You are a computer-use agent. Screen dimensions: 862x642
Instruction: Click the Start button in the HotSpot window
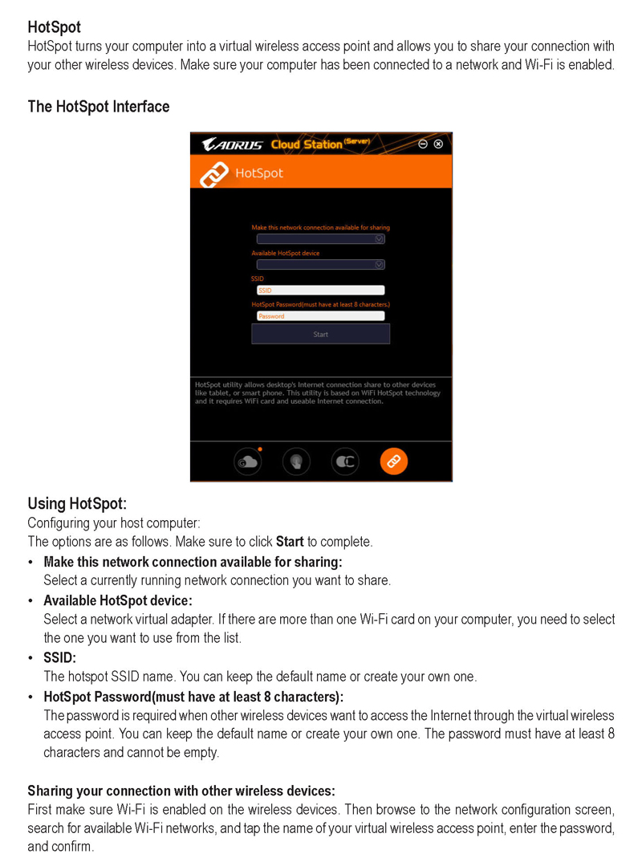click(320, 334)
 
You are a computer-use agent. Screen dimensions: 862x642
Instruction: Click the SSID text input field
click(320, 291)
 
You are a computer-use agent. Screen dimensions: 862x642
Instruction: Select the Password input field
click(320, 316)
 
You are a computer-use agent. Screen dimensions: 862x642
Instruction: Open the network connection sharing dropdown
click(380, 238)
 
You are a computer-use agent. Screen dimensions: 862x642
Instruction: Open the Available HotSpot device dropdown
click(380, 264)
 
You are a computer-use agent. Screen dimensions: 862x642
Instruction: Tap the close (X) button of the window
click(438, 144)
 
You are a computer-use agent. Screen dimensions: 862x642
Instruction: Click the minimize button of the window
click(423, 144)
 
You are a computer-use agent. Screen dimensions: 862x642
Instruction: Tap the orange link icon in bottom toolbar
click(393, 461)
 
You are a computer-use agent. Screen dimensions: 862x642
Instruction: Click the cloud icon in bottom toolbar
click(247, 461)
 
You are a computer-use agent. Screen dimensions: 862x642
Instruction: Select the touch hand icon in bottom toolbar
click(296, 461)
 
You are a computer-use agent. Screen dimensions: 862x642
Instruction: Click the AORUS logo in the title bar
click(232, 144)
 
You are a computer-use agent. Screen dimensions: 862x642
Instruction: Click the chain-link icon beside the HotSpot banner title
click(214, 173)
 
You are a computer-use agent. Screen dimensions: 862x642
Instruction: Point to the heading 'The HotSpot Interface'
click(98, 107)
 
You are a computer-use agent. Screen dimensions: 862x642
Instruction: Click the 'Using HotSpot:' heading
click(77, 504)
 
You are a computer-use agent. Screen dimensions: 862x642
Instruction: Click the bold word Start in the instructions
click(289, 542)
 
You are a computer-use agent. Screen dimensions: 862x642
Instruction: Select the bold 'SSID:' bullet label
click(60, 658)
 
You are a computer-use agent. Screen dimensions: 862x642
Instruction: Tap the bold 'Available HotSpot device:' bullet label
click(118, 600)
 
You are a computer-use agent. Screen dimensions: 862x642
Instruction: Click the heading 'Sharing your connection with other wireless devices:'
click(181, 791)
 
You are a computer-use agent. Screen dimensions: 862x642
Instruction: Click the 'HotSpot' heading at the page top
click(54, 28)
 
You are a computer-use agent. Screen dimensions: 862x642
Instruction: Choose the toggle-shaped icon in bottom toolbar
click(345, 461)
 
